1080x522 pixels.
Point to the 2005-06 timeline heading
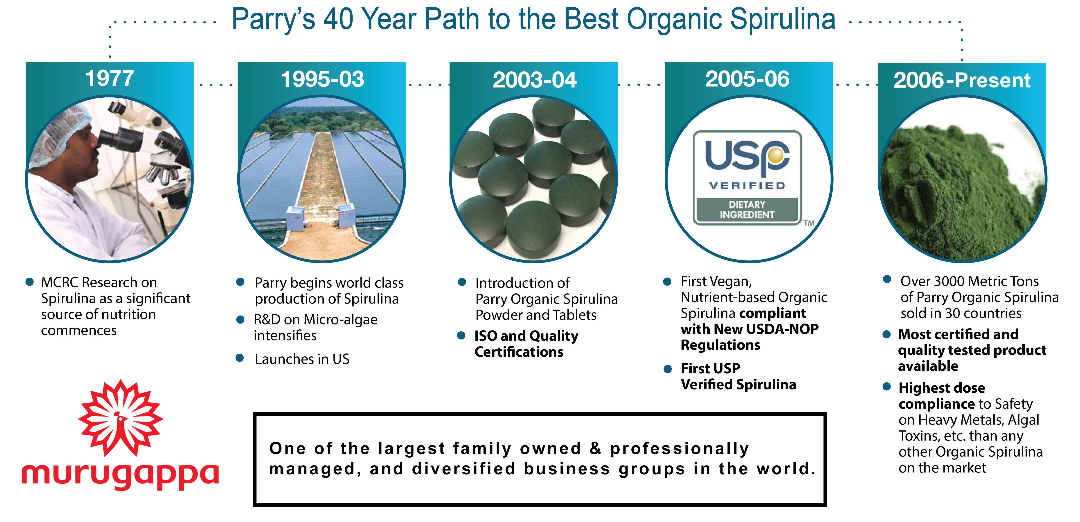tap(747, 79)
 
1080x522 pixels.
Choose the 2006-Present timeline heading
tap(962, 80)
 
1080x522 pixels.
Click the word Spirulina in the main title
tap(782, 19)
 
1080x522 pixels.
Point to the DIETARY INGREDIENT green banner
tap(747, 210)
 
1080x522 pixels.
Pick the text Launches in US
tap(302, 359)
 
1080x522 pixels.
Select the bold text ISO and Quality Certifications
tap(526, 344)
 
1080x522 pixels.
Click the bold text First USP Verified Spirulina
tap(738, 376)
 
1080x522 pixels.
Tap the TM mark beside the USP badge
tap(809, 223)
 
